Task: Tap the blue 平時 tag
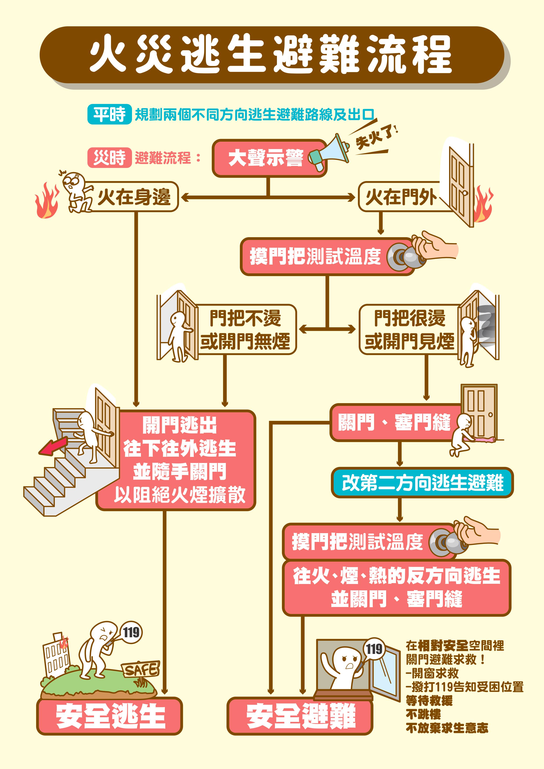110,115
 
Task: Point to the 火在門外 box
402,197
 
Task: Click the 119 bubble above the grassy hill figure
131,632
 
